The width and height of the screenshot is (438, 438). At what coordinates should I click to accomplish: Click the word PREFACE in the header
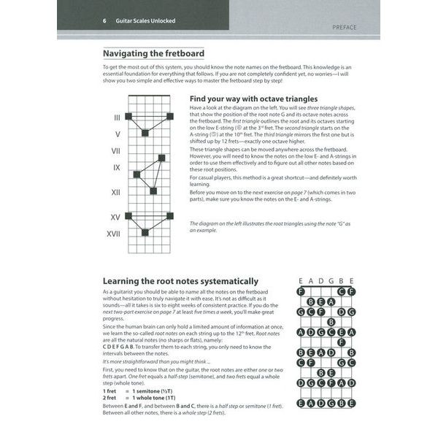pyautogui.click(x=344, y=27)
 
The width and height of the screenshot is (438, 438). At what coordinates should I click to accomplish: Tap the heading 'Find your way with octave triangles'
pyautogui.click(x=253, y=98)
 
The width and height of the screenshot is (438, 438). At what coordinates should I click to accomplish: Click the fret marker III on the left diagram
pyautogui.click(x=117, y=117)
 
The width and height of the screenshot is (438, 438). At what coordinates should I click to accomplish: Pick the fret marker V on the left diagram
pyautogui.click(x=117, y=134)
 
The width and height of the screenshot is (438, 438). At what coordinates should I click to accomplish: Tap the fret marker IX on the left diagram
pyautogui.click(x=116, y=167)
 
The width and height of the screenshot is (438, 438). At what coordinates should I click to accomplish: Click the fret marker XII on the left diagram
pyautogui.click(x=115, y=192)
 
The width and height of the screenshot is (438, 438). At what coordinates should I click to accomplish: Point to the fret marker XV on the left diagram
pyautogui.click(x=115, y=217)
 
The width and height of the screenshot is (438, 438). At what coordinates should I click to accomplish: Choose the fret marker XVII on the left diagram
pyautogui.click(x=114, y=234)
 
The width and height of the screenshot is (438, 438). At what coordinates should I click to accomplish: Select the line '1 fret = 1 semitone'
pyautogui.click(x=142, y=391)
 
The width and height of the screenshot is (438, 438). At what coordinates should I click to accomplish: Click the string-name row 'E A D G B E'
pyautogui.click(x=326, y=280)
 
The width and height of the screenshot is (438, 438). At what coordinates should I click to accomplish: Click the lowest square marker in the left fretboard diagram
pyautogui.click(x=145, y=233)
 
